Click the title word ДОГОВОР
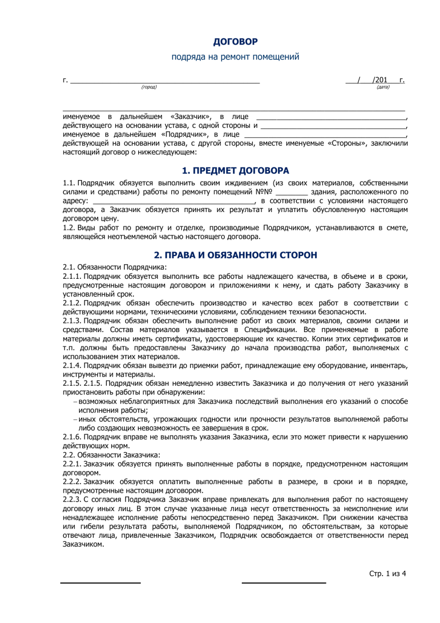tap(235, 42)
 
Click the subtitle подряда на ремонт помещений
tap(235, 57)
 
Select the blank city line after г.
tap(165, 80)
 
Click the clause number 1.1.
tap(69, 182)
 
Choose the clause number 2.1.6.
tap(73, 437)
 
